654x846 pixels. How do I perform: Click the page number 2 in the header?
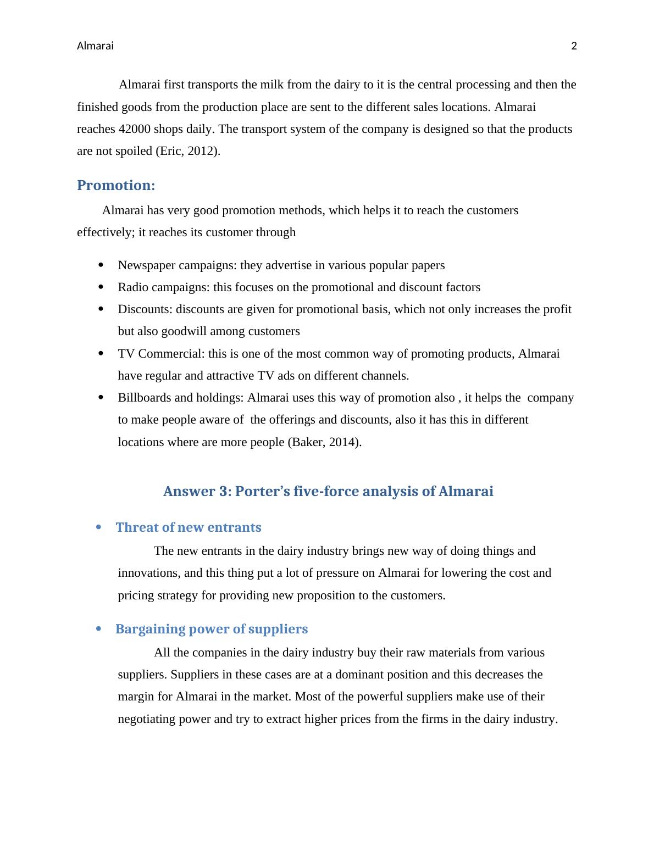(x=574, y=46)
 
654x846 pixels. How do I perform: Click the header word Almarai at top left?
(x=95, y=46)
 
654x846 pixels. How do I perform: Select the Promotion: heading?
(x=116, y=186)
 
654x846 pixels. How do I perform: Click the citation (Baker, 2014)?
(x=324, y=442)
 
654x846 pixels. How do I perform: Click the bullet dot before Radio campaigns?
(x=101, y=287)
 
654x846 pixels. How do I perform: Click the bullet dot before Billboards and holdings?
(x=101, y=397)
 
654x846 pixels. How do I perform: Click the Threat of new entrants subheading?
(x=189, y=527)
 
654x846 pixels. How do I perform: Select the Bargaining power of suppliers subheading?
(x=212, y=629)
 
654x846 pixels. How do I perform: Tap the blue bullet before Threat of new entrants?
(x=99, y=527)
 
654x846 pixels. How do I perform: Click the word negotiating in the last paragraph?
(x=147, y=719)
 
